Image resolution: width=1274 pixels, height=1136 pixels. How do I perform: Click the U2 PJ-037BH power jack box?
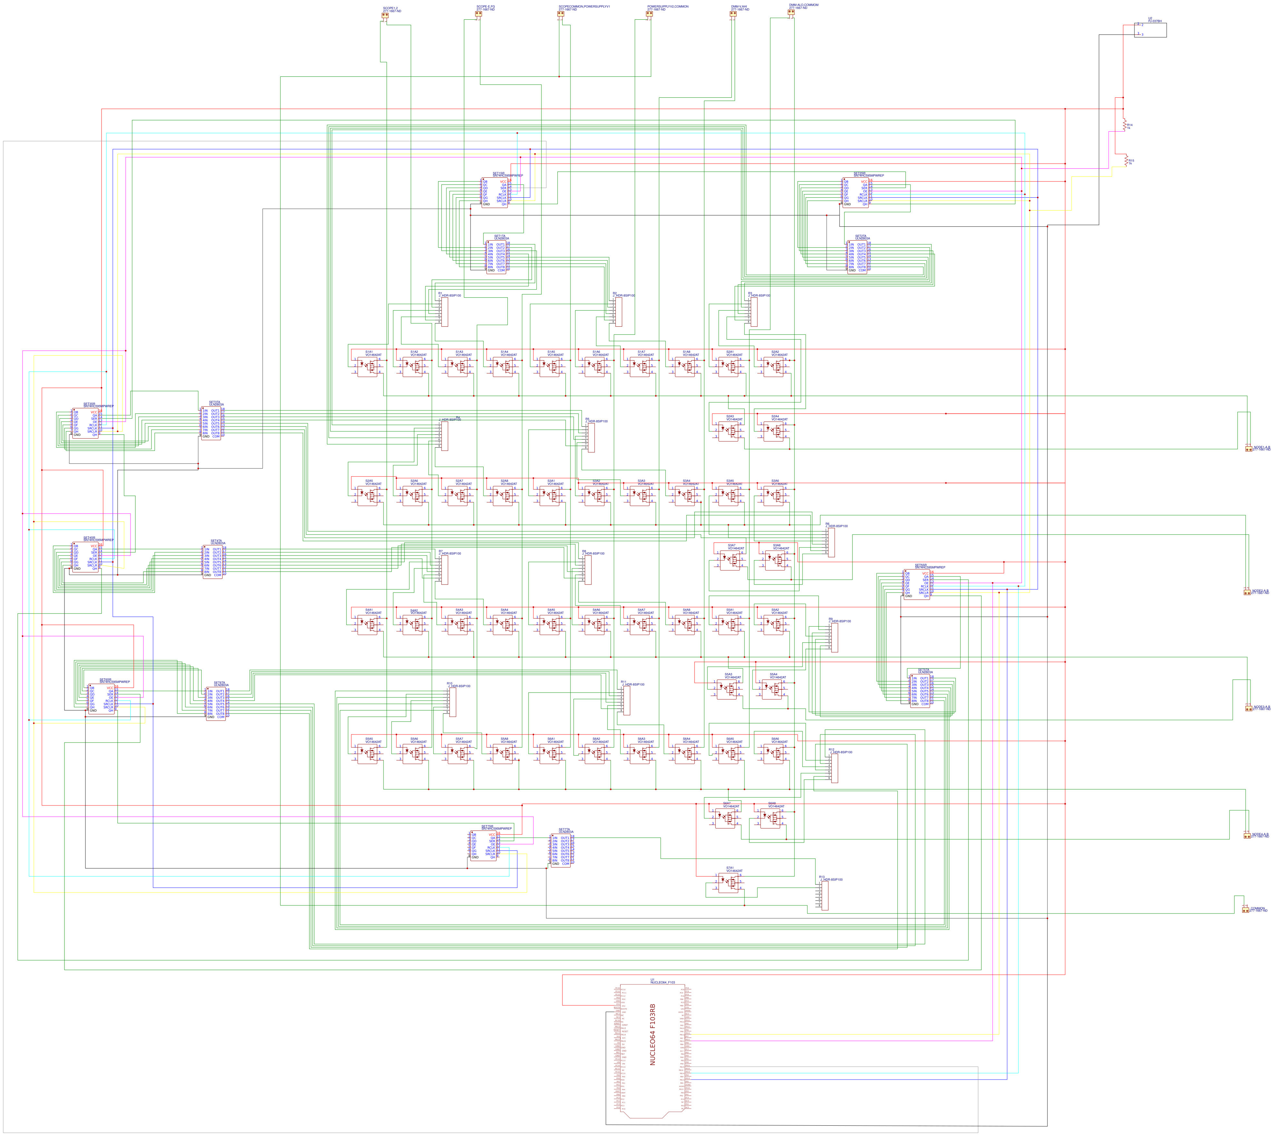click(1150, 30)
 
